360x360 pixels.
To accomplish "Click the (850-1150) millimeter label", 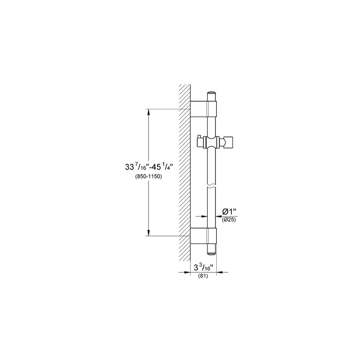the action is click(148, 177).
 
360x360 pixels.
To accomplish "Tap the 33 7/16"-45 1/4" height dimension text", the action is click(148, 167).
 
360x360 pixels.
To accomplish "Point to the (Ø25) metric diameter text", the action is click(229, 220).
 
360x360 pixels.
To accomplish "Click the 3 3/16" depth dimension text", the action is click(204, 268).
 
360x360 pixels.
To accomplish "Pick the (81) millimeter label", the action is click(203, 276).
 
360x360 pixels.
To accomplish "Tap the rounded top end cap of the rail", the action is click(212, 96).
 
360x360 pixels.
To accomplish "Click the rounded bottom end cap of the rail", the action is click(212, 249).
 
